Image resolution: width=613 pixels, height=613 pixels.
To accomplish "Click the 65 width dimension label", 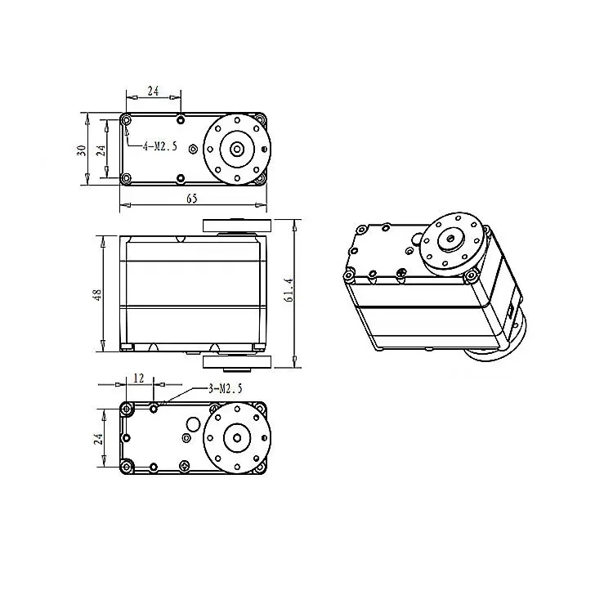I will click(x=192, y=199).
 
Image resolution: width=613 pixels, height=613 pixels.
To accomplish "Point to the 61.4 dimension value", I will click(x=288, y=291).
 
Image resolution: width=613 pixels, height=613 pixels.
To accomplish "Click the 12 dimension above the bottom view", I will click(x=138, y=378).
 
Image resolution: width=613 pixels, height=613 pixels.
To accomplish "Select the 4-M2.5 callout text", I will click(x=160, y=147).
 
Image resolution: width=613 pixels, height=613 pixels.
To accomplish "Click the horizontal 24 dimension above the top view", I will click(x=152, y=91).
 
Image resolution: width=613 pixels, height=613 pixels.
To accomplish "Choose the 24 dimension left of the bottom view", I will click(x=98, y=438).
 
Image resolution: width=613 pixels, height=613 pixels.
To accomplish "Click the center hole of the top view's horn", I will click(x=237, y=149).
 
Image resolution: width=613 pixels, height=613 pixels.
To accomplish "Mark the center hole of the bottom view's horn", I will click(x=237, y=436).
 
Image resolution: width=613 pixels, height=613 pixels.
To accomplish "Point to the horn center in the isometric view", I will click(x=450, y=239).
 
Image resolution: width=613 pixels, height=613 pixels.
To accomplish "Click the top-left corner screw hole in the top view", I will click(x=126, y=121).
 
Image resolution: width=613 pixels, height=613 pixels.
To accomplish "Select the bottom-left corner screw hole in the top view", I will click(x=126, y=178).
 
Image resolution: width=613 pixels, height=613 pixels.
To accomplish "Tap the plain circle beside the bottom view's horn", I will click(x=193, y=424).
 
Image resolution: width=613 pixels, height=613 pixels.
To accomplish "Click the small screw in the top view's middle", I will click(x=192, y=149).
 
